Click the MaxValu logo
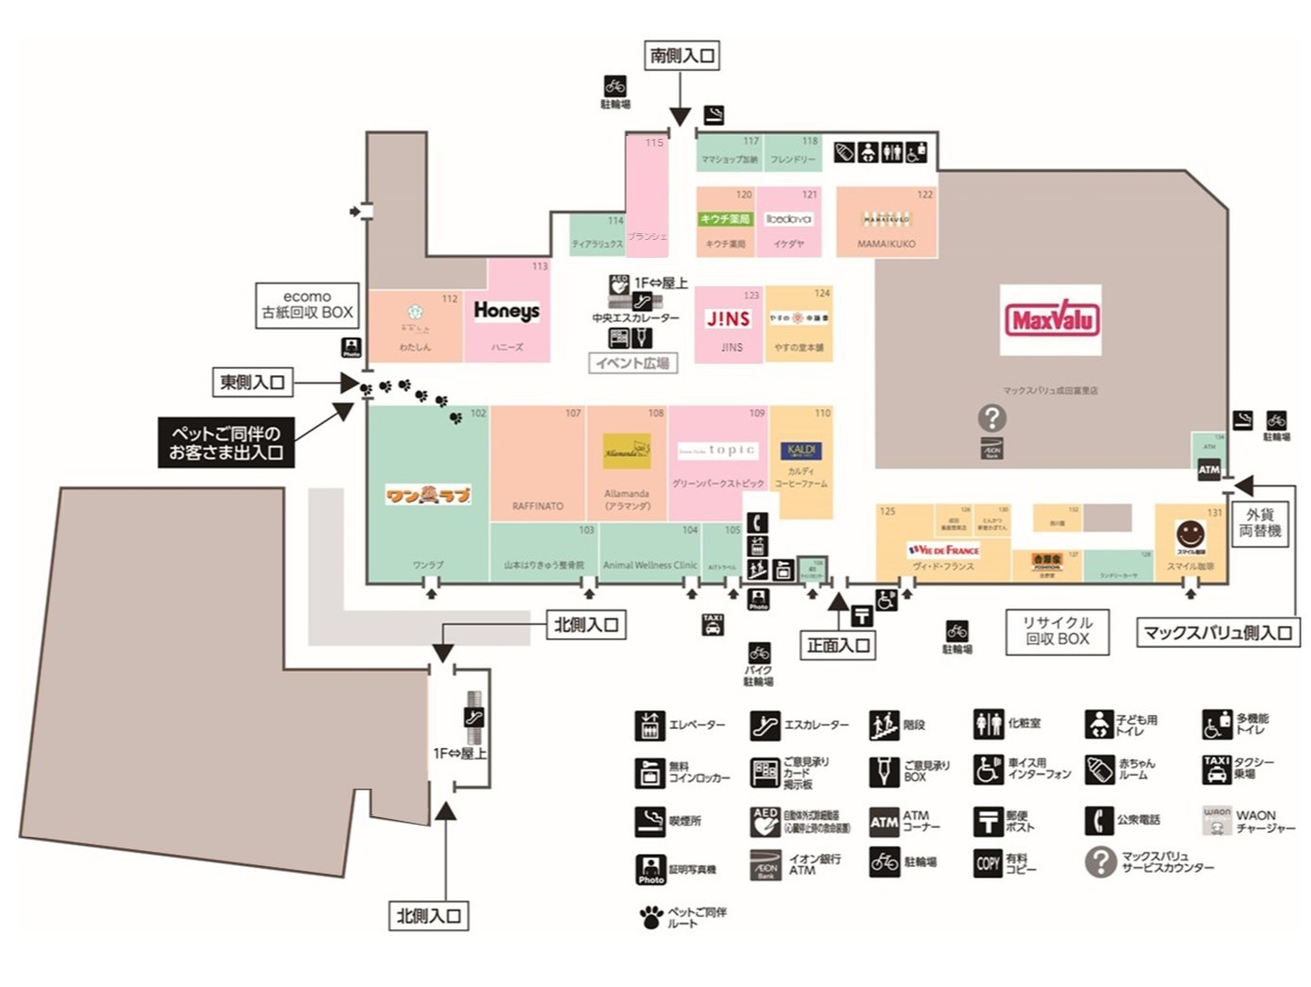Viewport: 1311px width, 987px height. point(1051,319)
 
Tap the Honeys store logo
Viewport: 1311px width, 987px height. point(507,311)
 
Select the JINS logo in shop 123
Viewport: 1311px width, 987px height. point(729,319)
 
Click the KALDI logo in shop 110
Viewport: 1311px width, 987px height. point(801,451)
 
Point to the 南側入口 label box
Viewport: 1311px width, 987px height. point(681,56)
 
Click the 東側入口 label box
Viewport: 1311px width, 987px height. point(251,383)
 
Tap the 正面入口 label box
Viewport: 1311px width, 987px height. point(838,645)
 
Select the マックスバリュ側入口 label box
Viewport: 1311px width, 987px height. point(1217,633)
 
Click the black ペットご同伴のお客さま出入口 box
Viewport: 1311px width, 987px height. point(226,443)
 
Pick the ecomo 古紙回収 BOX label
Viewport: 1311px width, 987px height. point(307,305)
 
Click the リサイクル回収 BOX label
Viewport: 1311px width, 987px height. point(1058,631)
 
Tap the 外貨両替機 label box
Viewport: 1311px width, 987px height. point(1260,522)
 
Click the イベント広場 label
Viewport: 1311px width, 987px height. point(633,363)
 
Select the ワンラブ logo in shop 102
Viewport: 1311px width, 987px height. point(428,494)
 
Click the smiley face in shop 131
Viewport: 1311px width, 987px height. point(1190,534)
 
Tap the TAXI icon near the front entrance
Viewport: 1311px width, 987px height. point(713,624)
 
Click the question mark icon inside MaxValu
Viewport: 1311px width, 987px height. point(992,417)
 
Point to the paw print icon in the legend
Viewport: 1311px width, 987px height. point(650,916)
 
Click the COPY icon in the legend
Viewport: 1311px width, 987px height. point(988,862)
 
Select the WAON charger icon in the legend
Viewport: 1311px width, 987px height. point(1216,820)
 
